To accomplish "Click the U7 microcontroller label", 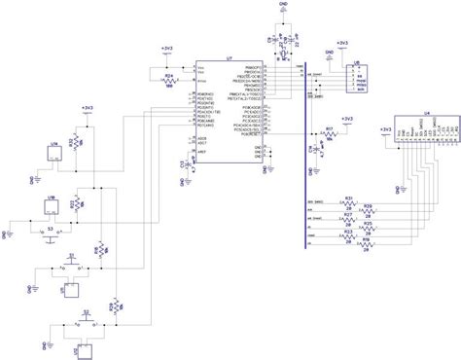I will coord(229,59).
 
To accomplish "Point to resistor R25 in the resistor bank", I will coord(369,226).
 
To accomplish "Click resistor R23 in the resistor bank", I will coord(347,234).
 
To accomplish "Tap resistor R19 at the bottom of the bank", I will coord(369,242).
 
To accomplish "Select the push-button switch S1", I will coord(71,264).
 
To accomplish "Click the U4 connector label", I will coord(426,114).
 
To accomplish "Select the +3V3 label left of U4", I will coord(386,127).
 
